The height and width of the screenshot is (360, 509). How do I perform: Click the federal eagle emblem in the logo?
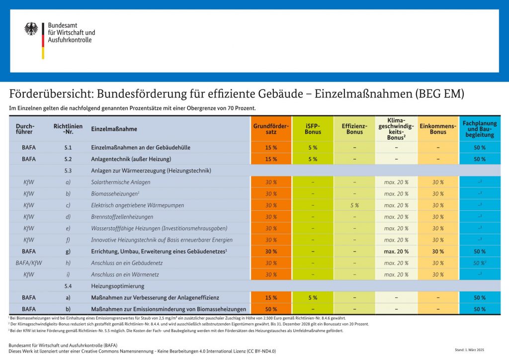(x=31, y=29)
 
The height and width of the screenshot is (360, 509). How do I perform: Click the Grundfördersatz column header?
(x=271, y=129)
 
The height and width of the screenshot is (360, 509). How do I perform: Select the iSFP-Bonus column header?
(x=313, y=129)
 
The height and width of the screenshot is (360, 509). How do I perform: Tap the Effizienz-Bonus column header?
(x=354, y=129)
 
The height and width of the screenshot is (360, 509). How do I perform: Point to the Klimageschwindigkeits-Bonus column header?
(x=396, y=129)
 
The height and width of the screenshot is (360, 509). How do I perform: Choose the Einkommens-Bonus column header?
(x=438, y=129)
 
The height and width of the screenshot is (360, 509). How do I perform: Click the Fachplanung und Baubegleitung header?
(x=480, y=129)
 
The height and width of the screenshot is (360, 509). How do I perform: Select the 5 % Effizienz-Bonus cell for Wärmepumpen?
(x=354, y=205)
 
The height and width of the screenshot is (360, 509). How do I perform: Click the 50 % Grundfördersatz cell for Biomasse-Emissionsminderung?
(x=271, y=309)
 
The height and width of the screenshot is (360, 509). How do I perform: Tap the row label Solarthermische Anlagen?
(x=121, y=182)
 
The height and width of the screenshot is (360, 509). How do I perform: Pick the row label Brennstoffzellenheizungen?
(x=122, y=217)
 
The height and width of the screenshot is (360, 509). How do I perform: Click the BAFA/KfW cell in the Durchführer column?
(x=29, y=263)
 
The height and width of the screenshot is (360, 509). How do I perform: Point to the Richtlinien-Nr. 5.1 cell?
(x=68, y=148)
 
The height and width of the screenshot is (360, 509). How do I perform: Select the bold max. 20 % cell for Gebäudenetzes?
(x=396, y=252)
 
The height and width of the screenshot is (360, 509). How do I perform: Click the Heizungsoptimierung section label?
(x=118, y=286)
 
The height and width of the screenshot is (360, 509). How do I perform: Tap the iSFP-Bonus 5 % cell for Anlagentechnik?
(x=313, y=159)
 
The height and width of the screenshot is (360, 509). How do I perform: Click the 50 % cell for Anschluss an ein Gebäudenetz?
(x=479, y=263)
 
